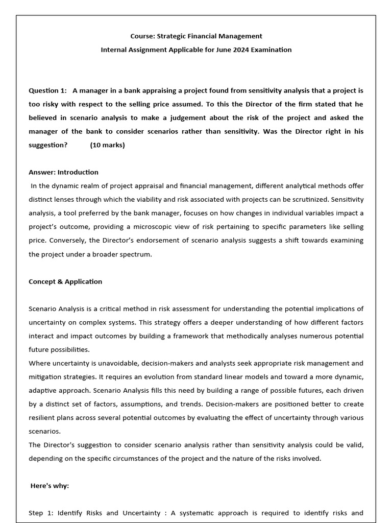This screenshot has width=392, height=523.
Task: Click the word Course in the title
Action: click(142, 36)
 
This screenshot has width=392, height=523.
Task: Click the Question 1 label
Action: click(47, 90)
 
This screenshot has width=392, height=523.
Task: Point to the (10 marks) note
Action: click(107, 145)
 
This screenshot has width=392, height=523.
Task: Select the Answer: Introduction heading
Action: click(63, 172)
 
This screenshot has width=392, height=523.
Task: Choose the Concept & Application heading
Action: click(65, 281)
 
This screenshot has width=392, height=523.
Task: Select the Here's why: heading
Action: click(50, 486)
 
